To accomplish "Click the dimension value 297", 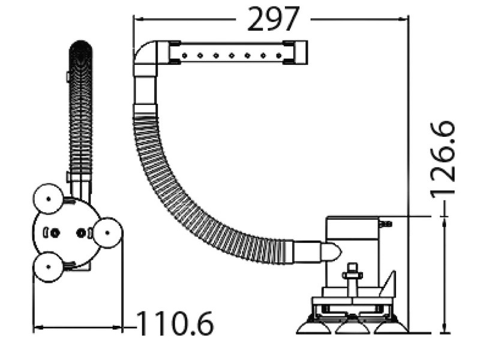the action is tap(273, 19).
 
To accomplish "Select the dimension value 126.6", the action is tap(443, 160).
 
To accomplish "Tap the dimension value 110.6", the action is tap(175, 323).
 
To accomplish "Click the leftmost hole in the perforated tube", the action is tap(185, 55).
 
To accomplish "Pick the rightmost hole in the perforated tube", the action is tap(278, 55).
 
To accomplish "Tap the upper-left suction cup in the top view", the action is tap(48, 199).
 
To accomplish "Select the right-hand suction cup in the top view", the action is tap(107, 233).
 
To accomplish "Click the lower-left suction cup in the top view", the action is tap(48, 266).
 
